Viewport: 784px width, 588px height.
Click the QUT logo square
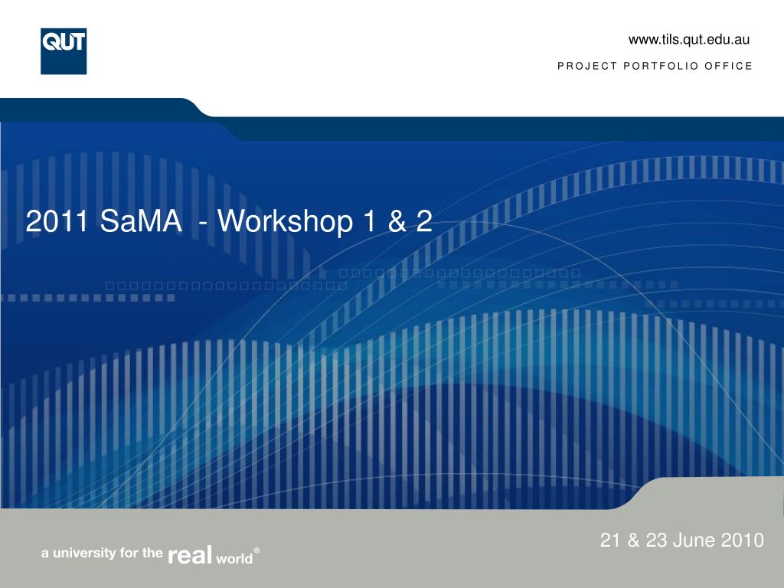(64, 51)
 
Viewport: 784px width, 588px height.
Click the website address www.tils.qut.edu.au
(689, 40)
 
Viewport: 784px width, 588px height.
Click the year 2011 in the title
(57, 220)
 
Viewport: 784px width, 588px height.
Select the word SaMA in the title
(141, 220)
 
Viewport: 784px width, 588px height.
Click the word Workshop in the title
(285, 221)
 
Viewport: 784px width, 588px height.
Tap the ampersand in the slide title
(397, 221)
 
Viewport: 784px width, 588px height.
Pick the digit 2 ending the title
(424, 221)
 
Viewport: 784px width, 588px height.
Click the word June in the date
(694, 540)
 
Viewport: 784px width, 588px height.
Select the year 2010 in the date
(742, 540)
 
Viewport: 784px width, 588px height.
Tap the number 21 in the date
(610, 540)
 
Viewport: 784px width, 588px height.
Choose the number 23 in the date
(656, 540)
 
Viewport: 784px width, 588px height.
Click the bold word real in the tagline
(190, 554)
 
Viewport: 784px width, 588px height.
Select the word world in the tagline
(234, 557)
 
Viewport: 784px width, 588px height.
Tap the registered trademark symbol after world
(256, 550)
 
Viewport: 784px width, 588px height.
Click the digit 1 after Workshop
(370, 221)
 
